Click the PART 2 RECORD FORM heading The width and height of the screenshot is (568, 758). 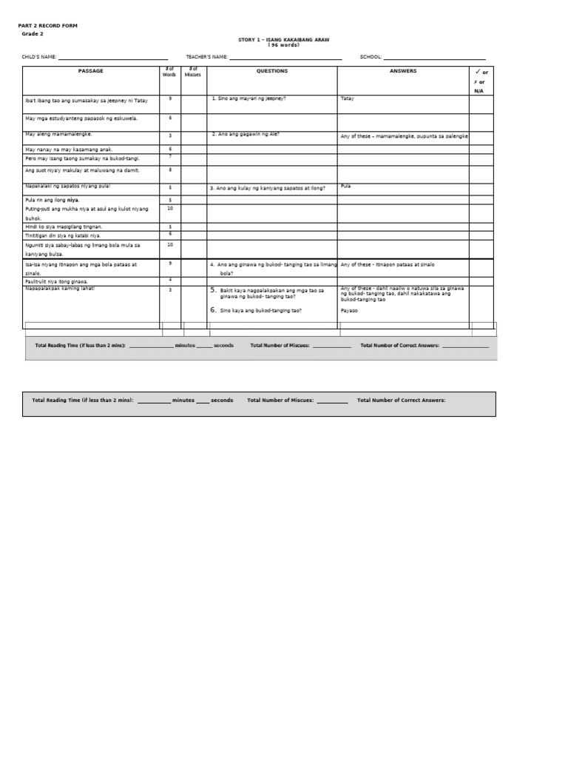coord(48,26)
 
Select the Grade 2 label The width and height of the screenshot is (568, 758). coord(33,34)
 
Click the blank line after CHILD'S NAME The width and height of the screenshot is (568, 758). coord(113,58)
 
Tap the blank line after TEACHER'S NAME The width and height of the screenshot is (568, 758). coord(285,58)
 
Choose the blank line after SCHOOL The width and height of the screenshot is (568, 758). coord(435,58)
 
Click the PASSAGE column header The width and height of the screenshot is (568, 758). coord(91,71)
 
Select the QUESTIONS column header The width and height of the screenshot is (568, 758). coord(272,71)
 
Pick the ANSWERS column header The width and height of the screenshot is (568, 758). coord(403,71)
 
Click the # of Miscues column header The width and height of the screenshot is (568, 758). coord(194,72)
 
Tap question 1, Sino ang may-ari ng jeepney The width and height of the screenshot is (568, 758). coord(248,98)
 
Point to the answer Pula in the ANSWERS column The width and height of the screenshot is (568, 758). coord(345,187)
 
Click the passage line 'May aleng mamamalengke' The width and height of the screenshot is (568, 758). coord(59,135)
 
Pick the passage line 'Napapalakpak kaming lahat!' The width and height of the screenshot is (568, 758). coord(60,289)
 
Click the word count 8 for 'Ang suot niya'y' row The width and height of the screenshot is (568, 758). coord(170,170)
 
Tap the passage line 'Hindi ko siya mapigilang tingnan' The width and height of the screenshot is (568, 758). coord(64,227)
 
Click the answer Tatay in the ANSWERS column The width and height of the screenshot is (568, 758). coord(348,98)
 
